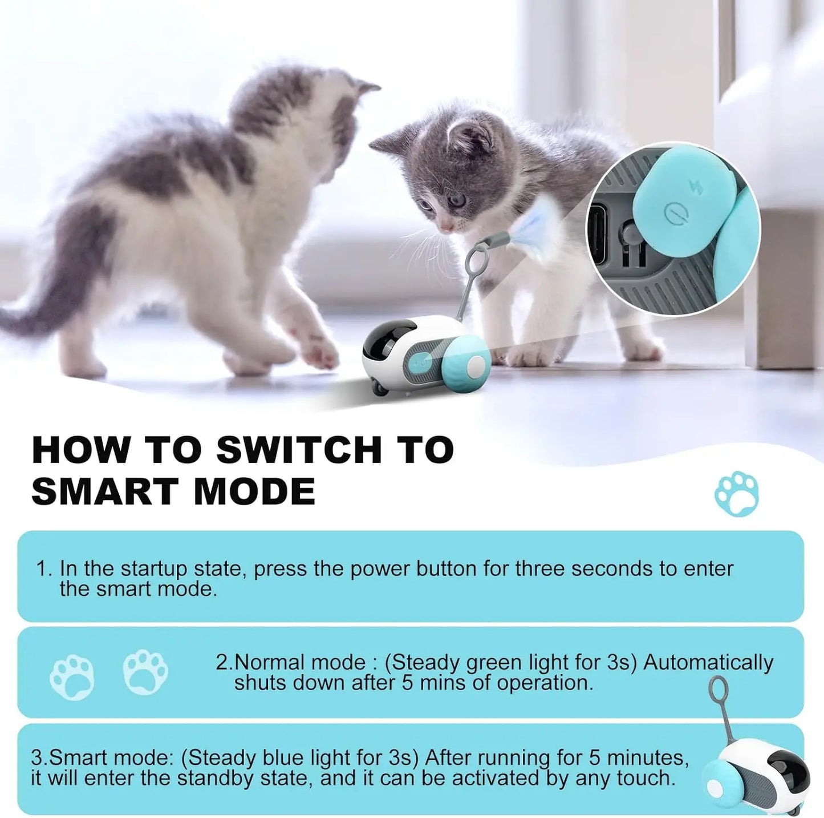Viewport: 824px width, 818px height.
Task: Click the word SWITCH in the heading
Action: click(299, 450)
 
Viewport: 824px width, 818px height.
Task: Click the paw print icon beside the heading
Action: click(737, 493)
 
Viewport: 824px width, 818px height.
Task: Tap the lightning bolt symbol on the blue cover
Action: click(696, 186)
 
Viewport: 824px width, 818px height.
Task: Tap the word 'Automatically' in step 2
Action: click(708, 662)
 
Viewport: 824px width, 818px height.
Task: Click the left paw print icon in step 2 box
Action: click(72, 677)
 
